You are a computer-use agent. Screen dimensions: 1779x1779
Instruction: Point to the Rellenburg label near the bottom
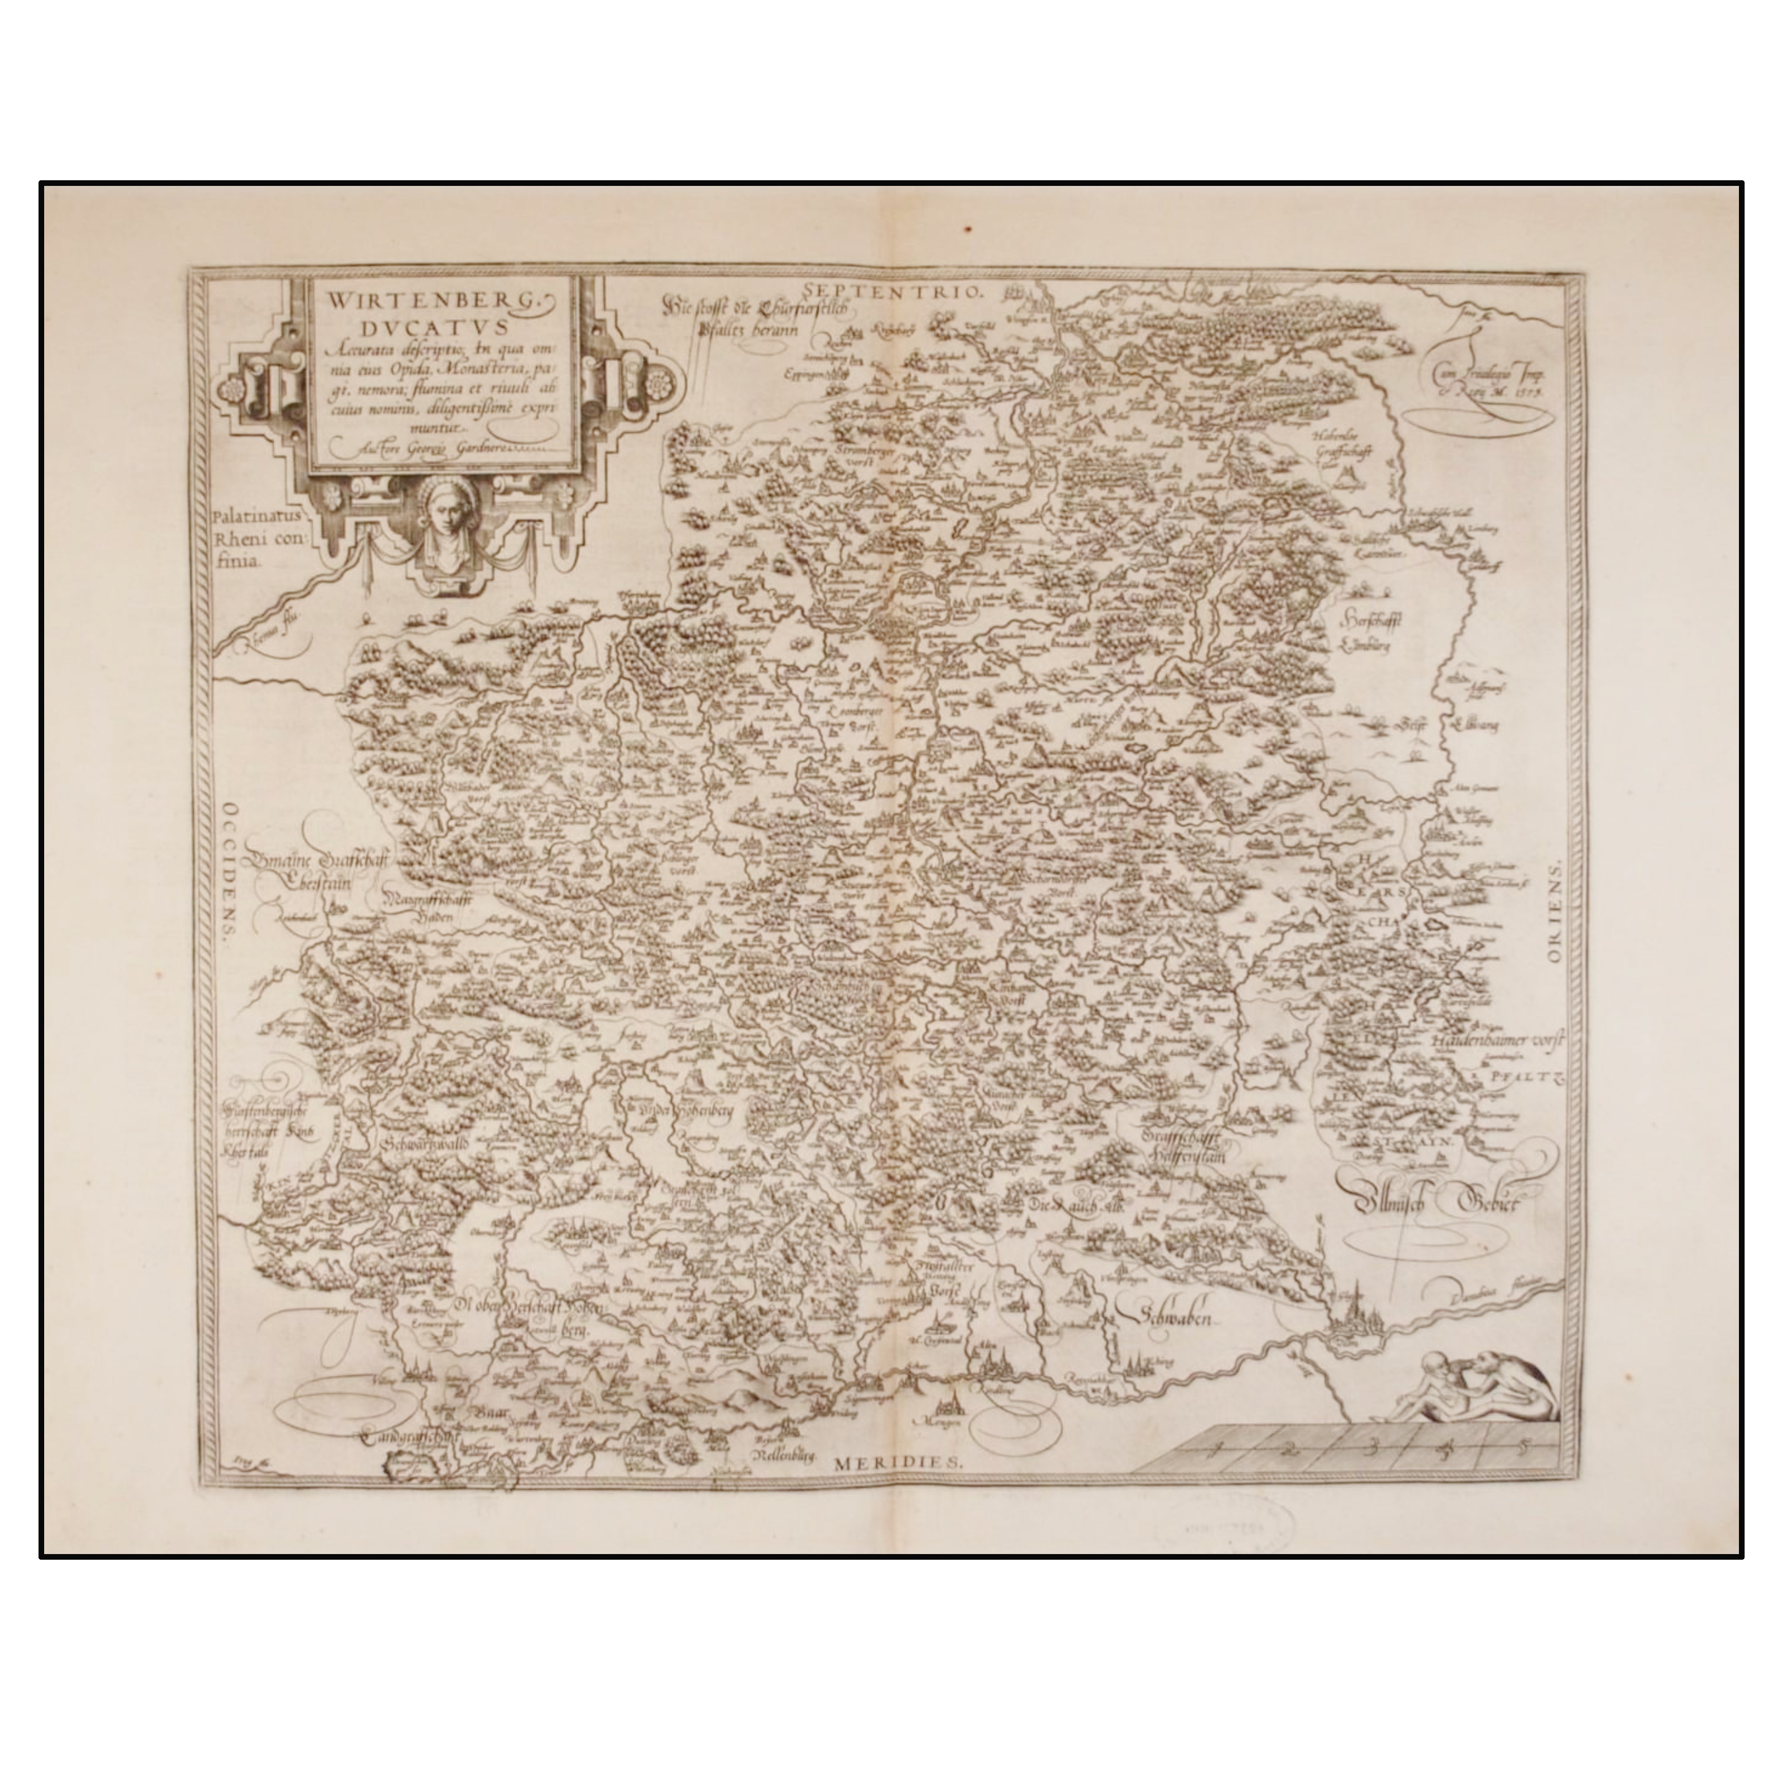coord(785,1456)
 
